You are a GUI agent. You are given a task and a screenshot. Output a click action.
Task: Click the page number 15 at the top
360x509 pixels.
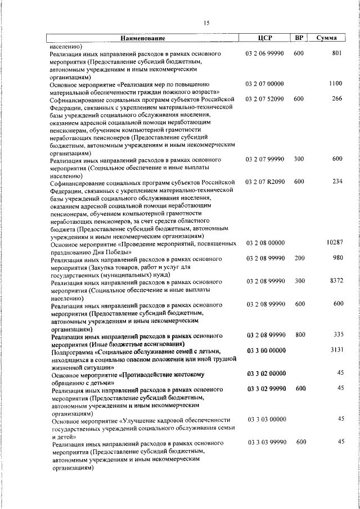pyautogui.click(x=206, y=22)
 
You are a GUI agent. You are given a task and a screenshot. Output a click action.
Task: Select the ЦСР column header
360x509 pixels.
pyautogui.click(x=264, y=38)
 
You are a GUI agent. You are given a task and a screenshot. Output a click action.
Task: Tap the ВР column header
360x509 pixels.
pyautogui.click(x=299, y=38)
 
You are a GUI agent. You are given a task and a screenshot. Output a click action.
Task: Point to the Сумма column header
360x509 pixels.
pyautogui.click(x=327, y=38)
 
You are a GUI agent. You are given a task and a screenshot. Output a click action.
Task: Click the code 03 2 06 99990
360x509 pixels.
pyautogui.click(x=265, y=53)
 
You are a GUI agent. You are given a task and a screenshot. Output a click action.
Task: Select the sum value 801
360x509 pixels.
pyautogui.click(x=337, y=53)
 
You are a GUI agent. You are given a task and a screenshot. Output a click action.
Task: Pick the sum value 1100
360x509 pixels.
pyautogui.click(x=336, y=83)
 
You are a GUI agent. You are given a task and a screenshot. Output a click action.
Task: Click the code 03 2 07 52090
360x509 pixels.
pyautogui.click(x=265, y=99)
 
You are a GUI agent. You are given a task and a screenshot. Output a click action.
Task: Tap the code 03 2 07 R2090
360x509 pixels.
pyautogui.click(x=265, y=182)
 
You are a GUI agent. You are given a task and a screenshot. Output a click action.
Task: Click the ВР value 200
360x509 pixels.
pyautogui.click(x=299, y=258)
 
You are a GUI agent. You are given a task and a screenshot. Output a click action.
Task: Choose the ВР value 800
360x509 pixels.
pyautogui.click(x=299, y=335)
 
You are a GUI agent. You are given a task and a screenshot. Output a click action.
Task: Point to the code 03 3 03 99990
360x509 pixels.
pyautogui.click(x=267, y=442)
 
